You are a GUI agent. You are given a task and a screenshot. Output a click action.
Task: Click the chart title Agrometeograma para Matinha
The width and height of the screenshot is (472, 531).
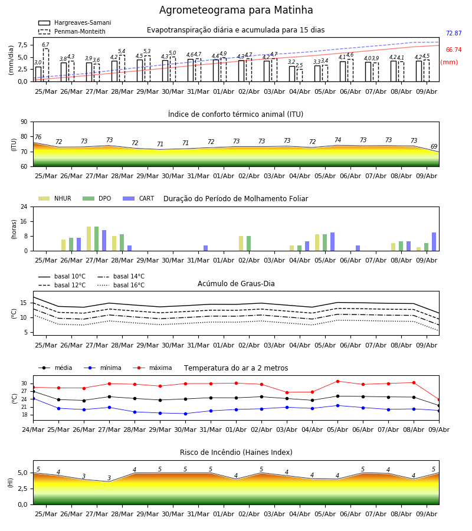click(x=236, y=10)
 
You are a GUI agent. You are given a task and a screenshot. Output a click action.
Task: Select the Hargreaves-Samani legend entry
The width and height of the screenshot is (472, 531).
click(x=75, y=22)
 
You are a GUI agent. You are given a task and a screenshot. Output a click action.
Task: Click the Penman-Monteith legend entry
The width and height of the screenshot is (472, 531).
click(x=72, y=31)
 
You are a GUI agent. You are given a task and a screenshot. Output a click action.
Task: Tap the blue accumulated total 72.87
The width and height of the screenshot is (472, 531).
click(x=454, y=33)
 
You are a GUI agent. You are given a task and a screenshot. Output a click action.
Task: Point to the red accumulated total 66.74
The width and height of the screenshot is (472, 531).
click(x=454, y=50)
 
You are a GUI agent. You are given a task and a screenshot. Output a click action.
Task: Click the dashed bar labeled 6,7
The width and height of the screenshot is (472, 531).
click(x=45, y=65)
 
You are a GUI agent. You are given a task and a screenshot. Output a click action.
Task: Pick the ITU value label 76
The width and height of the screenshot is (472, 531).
click(x=38, y=137)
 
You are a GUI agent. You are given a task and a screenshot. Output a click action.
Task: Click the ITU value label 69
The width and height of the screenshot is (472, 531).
click(x=434, y=146)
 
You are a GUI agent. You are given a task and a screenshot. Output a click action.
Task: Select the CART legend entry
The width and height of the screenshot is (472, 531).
click(x=139, y=198)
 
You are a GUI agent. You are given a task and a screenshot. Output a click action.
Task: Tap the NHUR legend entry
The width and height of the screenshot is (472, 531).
click(x=55, y=198)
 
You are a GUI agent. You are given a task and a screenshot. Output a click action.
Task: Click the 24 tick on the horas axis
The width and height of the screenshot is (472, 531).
click(x=24, y=206)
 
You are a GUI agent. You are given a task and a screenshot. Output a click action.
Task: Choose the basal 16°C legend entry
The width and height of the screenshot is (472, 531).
click(x=121, y=285)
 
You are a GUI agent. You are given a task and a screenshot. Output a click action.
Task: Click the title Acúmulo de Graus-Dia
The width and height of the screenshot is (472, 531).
click(x=236, y=284)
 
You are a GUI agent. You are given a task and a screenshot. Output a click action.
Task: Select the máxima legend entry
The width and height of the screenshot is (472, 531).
click(x=152, y=368)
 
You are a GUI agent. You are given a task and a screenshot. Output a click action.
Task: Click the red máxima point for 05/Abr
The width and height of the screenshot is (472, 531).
click(x=337, y=381)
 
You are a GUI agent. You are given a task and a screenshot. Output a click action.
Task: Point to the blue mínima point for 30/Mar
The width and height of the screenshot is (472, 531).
click(x=185, y=414)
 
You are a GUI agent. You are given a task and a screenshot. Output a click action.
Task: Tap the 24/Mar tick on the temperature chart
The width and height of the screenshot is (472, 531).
click(x=33, y=430)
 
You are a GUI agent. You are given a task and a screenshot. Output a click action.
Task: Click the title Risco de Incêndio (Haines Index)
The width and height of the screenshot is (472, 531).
click(x=236, y=453)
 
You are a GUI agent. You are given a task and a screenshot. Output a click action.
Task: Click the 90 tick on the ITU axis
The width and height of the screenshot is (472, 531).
click(x=24, y=122)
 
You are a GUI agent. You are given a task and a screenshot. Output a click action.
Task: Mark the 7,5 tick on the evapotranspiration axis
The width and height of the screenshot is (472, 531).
click(x=23, y=45)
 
